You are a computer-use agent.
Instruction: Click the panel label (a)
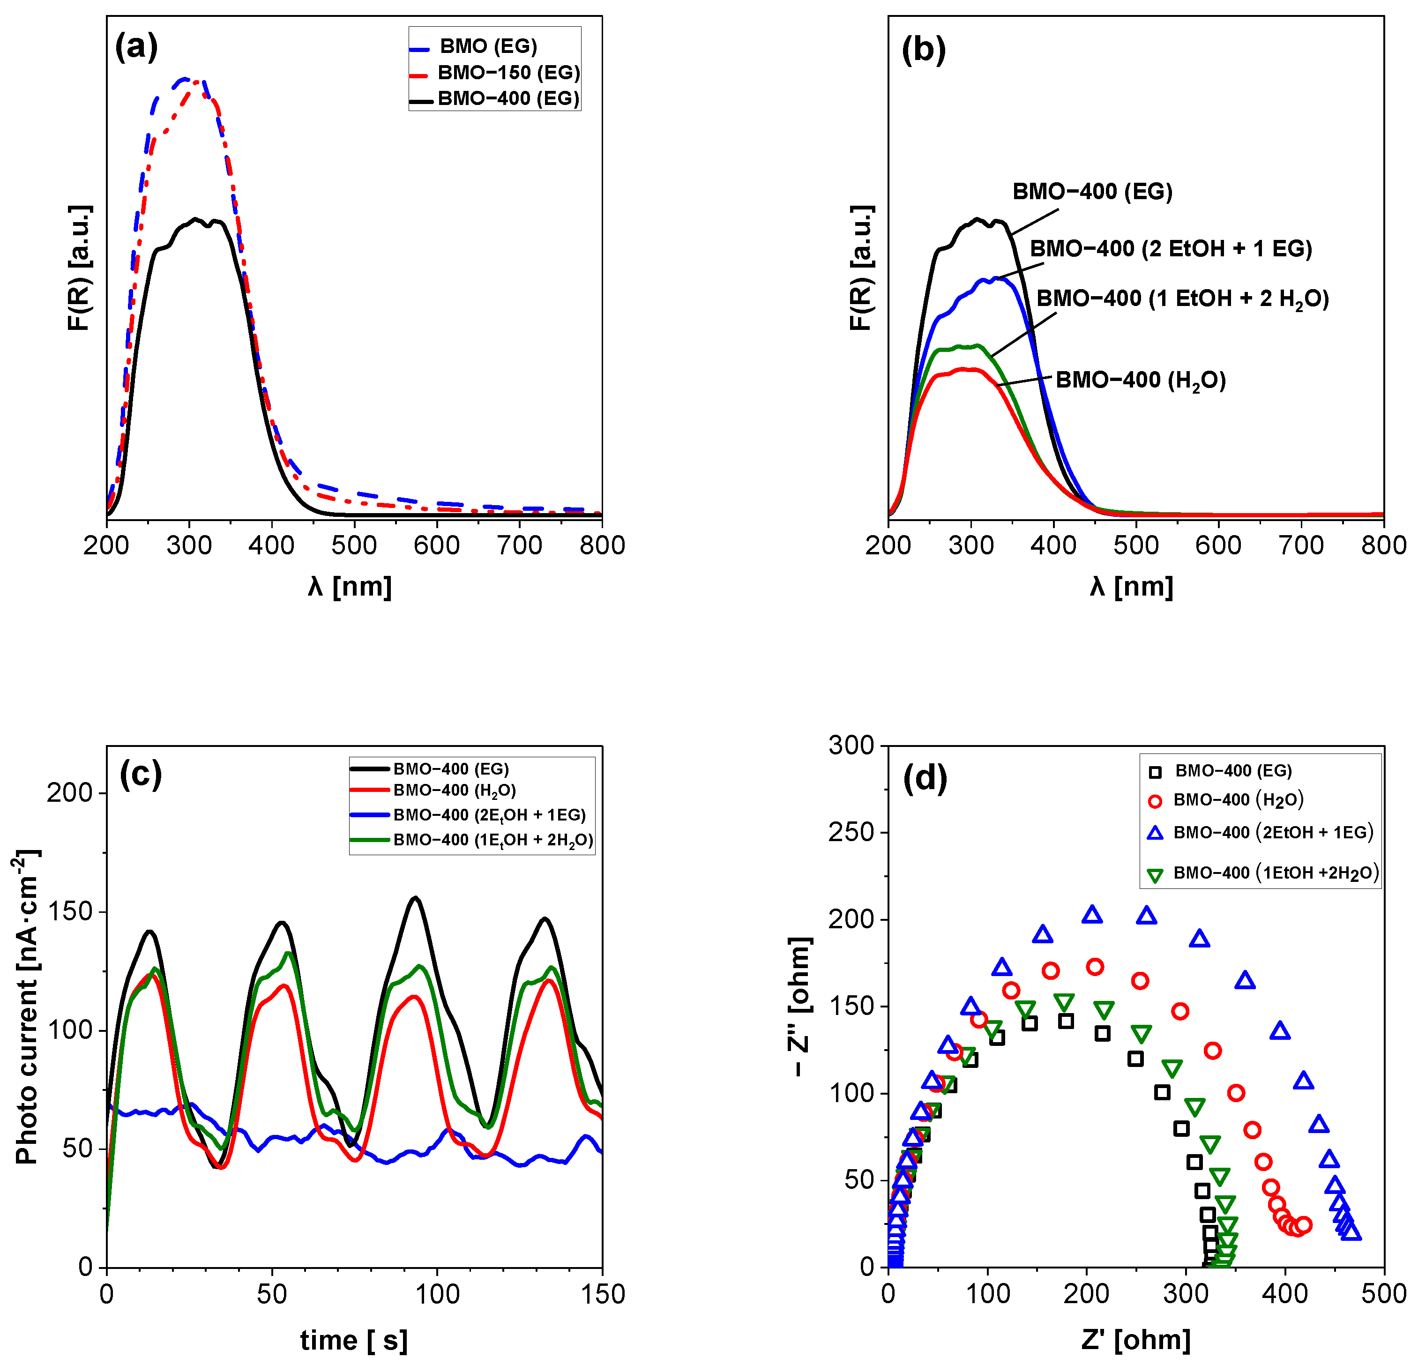[x=136, y=48]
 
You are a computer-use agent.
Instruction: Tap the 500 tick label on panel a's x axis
[x=354, y=545]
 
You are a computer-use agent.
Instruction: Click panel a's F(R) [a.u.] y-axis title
[x=80, y=268]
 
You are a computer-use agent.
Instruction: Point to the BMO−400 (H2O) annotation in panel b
[x=1140, y=380]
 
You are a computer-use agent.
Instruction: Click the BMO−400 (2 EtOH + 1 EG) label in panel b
[x=1171, y=249]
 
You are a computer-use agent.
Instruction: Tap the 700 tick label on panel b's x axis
[x=1301, y=545]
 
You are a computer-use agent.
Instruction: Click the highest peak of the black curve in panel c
[x=415, y=898]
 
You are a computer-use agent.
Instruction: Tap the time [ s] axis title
[x=354, y=1341]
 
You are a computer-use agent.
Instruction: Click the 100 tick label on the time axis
[x=437, y=1294]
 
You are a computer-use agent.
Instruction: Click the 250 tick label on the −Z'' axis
[x=851, y=833]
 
